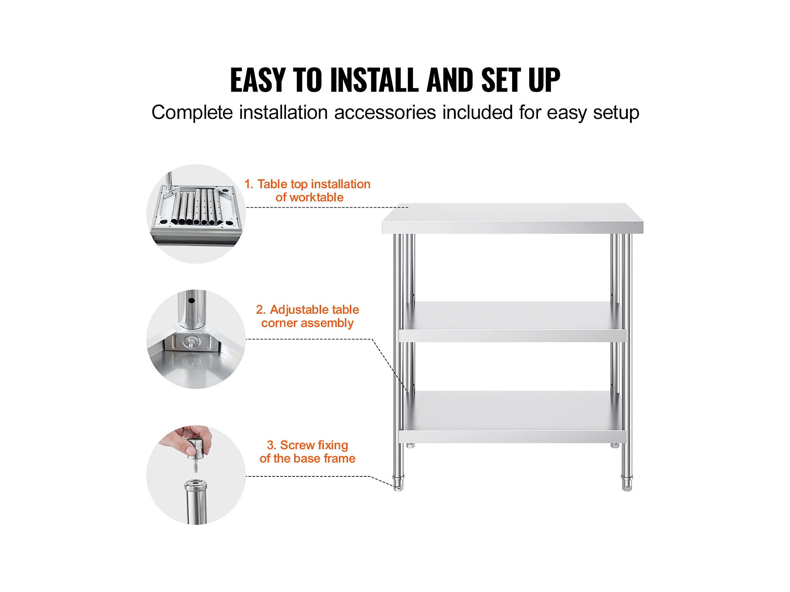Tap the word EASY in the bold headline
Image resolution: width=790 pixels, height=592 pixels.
point(258,80)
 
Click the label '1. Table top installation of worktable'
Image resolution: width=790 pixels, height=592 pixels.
point(307,190)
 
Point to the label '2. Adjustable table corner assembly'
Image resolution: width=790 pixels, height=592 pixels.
point(307,316)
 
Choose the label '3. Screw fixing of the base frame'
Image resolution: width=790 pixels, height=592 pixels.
point(307,452)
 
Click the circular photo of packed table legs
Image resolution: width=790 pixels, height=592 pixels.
point(196,214)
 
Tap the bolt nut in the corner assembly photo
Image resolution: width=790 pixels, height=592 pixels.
point(191,342)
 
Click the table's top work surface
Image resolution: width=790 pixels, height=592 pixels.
point(512,218)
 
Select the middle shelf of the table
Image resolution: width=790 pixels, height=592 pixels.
point(512,322)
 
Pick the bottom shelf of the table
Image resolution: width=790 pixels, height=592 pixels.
point(512,417)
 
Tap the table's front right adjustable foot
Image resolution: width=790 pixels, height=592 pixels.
point(627,483)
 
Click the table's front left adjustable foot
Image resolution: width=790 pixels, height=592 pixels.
point(398,483)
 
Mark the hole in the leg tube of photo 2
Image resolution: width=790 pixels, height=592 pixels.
point(191,301)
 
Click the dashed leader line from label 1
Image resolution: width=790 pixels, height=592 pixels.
point(327,208)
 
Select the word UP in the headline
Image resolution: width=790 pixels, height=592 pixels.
point(544,80)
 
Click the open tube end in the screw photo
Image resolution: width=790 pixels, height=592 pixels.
point(195,484)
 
